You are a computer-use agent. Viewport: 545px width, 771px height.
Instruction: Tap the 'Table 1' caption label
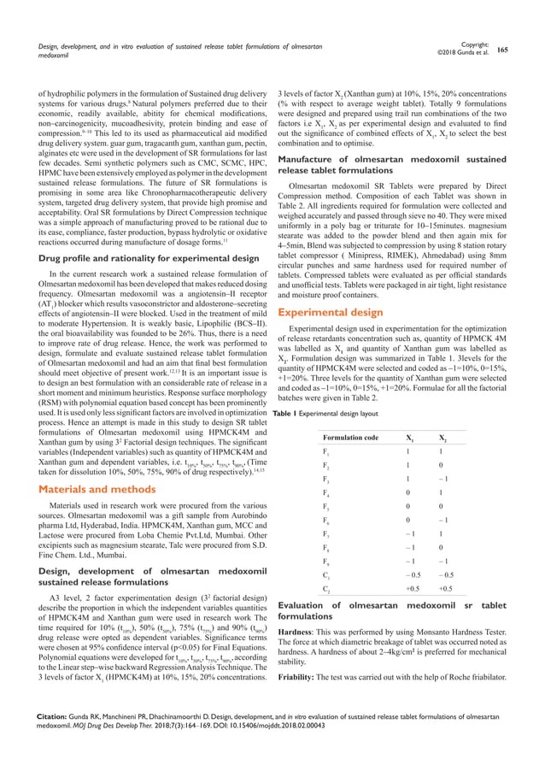pos(285,412)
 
